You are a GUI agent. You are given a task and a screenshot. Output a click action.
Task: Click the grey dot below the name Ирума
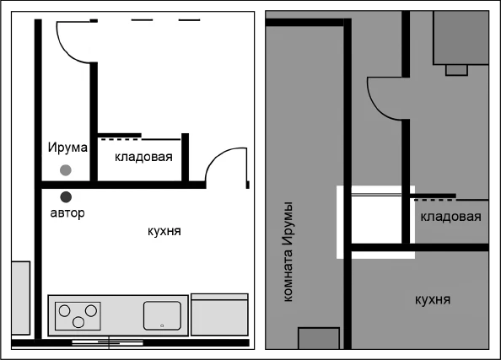tap(66, 170)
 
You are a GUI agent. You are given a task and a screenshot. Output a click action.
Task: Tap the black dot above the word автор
tap(66, 196)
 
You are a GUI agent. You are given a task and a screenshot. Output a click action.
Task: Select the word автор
tap(67, 213)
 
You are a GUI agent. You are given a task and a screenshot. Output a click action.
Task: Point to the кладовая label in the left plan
tap(143, 157)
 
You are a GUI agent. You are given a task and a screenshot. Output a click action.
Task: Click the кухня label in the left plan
tap(164, 230)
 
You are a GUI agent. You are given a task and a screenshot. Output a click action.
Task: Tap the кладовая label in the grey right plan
tap(450, 217)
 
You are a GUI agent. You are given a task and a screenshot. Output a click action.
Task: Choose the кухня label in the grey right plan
tap(432, 299)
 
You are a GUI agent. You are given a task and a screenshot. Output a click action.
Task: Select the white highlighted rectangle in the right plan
tap(375, 222)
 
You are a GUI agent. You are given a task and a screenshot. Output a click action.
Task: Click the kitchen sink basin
tap(162, 315)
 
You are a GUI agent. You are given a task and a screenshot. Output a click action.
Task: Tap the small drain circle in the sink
tap(161, 325)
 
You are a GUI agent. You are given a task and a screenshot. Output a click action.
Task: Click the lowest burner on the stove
tap(78, 321)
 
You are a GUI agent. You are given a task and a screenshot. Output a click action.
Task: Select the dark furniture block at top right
tap(460, 38)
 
